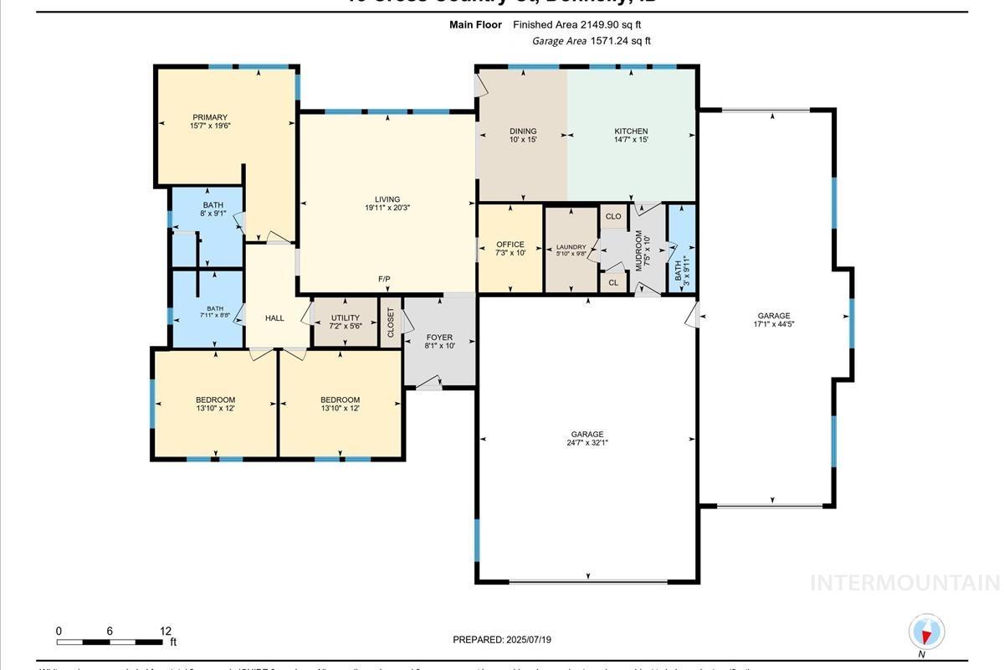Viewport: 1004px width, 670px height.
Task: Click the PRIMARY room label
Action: pos(209,117)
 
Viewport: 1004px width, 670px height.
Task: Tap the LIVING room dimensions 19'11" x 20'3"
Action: pos(387,208)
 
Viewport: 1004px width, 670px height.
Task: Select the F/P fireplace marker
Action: pos(384,278)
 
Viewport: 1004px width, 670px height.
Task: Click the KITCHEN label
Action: pos(631,131)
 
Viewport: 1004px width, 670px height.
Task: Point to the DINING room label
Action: pos(523,131)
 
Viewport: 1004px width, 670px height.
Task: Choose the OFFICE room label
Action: pos(510,245)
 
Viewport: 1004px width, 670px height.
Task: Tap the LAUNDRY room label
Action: pos(571,247)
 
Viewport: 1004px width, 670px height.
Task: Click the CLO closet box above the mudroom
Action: pos(613,216)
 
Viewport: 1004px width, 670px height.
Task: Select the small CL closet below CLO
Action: pos(613,282)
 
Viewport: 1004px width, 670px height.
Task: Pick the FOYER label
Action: pos(438,337)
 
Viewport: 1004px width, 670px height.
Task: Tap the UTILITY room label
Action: pos(345,318)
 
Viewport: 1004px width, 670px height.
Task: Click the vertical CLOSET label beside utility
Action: pos(391,322)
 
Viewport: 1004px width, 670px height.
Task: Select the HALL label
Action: pos(274,318)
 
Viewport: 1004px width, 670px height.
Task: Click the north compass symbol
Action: pos(925,632)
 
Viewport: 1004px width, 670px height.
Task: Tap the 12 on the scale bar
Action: pos(166,631)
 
